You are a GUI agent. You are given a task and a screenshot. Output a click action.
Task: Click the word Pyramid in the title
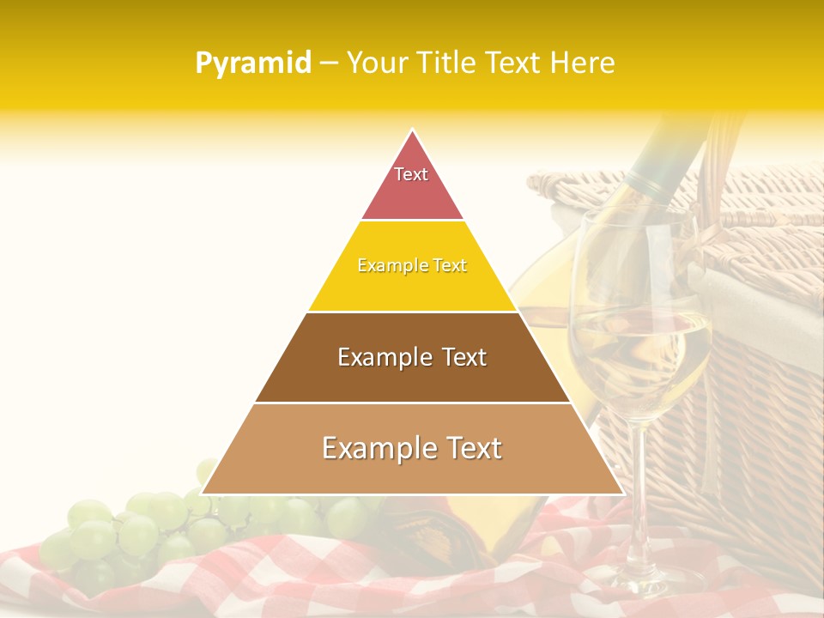[x=252, y=64]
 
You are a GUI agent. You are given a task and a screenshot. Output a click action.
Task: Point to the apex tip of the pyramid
[x=412, y=130]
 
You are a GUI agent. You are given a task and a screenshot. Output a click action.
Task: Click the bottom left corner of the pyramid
[x=203, y=493]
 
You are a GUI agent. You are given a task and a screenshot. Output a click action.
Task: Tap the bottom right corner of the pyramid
[x=621, y=493]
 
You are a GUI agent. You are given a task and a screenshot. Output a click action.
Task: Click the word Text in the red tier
[x=411, y=174]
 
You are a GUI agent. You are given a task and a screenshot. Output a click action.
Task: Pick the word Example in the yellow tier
[x=384, y=265]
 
